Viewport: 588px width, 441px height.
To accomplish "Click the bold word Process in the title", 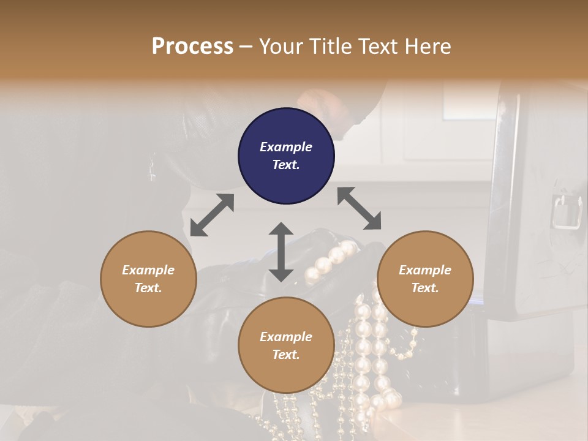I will click(192, 47).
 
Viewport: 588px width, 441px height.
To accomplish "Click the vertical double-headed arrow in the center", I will click(281, 252).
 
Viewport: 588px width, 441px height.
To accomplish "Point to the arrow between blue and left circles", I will click(212, 215).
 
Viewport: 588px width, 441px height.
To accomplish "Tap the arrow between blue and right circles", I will click(359, 208).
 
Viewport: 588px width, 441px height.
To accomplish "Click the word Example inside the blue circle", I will click(286, 147).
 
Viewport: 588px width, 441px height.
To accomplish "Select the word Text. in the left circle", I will click(148, 288).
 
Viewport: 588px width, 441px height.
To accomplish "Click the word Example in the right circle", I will click(425, 270).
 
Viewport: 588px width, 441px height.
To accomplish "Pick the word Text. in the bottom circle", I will click(286, 355).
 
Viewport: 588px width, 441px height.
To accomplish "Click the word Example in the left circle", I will click(148, 270).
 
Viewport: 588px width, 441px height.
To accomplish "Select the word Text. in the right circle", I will click(425, 288).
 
